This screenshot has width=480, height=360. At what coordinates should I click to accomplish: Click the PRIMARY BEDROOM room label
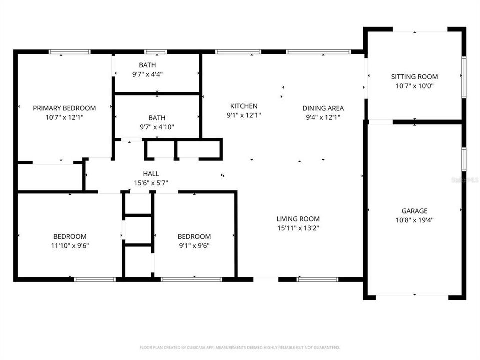coord(64,108)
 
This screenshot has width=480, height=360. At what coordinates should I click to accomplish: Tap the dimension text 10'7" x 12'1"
coord(64,117)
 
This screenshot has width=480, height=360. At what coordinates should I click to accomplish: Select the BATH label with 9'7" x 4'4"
coord(147,65)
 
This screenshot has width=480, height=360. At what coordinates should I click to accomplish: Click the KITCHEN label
coord(244,106)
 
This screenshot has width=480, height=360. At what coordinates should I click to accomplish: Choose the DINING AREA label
coord(323,108)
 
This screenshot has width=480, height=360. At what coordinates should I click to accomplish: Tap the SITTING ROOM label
coord(414,76)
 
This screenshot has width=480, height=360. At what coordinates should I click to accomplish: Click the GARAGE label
coord(414,211)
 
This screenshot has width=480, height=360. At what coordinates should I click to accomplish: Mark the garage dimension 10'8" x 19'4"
coord(414,220)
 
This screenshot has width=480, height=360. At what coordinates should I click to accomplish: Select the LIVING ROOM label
coord(298,218)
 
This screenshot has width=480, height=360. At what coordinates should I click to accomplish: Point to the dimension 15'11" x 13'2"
coord(298,228)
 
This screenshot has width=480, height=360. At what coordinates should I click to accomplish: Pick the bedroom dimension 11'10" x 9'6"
coord(70,245)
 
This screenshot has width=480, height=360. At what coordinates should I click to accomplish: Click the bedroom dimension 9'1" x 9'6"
coord(194,245)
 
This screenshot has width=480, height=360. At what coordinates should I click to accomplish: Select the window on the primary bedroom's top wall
coord(70,52)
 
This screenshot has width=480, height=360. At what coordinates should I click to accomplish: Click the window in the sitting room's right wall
coord(463,77)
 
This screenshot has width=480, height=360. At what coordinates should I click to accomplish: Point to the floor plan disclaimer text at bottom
coord(240,347)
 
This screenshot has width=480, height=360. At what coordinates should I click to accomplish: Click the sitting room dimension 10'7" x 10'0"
coord(414,86)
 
